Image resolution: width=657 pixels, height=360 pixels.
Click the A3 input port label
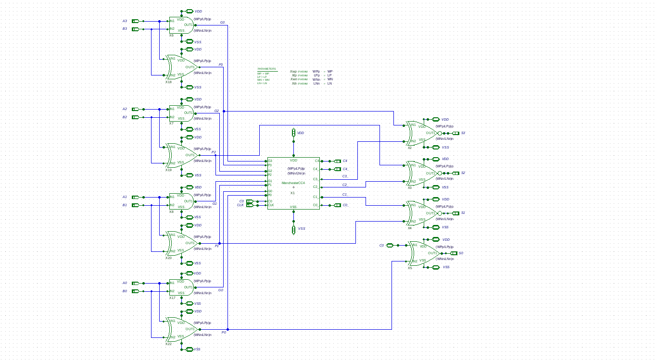[125, 21]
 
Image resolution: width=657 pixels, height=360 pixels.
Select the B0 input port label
[125, 291]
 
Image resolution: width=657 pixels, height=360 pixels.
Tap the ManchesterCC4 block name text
[293, 183]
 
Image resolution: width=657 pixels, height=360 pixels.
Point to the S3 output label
[463, 133]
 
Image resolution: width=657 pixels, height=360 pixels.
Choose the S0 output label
[461, 253]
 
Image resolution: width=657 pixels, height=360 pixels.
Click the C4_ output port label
[345, 169]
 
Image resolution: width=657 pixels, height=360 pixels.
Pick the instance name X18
[168, 82]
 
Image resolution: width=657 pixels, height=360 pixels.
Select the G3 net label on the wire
[222, 23]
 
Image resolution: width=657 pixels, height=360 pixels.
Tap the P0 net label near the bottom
[224, 333]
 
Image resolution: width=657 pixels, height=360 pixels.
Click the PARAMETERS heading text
[266, 69]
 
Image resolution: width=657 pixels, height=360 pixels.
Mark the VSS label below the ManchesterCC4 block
[302, 229]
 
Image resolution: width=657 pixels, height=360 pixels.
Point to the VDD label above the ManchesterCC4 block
[301, 133]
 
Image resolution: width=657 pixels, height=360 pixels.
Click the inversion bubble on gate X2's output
[440, 133]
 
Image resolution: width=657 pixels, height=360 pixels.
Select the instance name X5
[410, 268]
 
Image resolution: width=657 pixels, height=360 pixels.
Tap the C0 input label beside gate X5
[381, 246]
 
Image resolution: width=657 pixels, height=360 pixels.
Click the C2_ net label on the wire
[344, 185]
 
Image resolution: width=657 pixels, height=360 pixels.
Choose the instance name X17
[172, 298]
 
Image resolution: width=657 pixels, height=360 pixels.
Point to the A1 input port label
[125, 197]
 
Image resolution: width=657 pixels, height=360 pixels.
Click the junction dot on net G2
[224, 111]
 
